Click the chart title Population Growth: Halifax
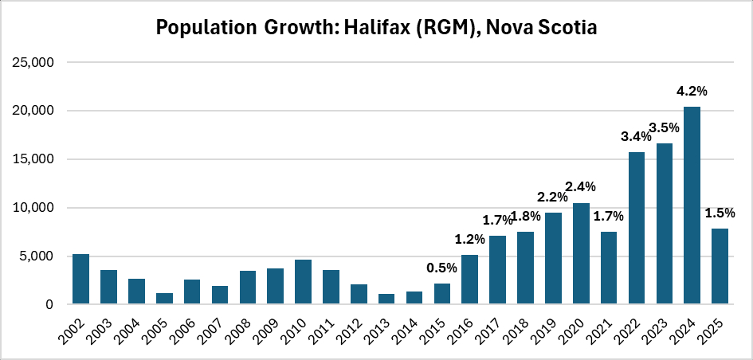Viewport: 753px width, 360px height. click(376, 28)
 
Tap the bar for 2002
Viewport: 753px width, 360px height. click(81, 280)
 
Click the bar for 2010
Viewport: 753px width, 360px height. click(303, 282)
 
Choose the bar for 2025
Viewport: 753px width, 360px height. click(720, 266)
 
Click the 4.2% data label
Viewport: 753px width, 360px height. click(692, 91)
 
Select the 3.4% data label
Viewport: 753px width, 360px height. click(637, 136)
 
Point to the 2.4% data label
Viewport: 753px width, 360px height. click(581, 187)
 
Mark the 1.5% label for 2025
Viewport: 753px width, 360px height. click(720, 213)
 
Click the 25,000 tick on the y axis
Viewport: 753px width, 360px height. click(36, 62)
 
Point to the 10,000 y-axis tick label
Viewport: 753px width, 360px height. click(36, 208)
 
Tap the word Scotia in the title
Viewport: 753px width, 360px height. click(557, 28)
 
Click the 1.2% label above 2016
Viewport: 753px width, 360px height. click(470, 238)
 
